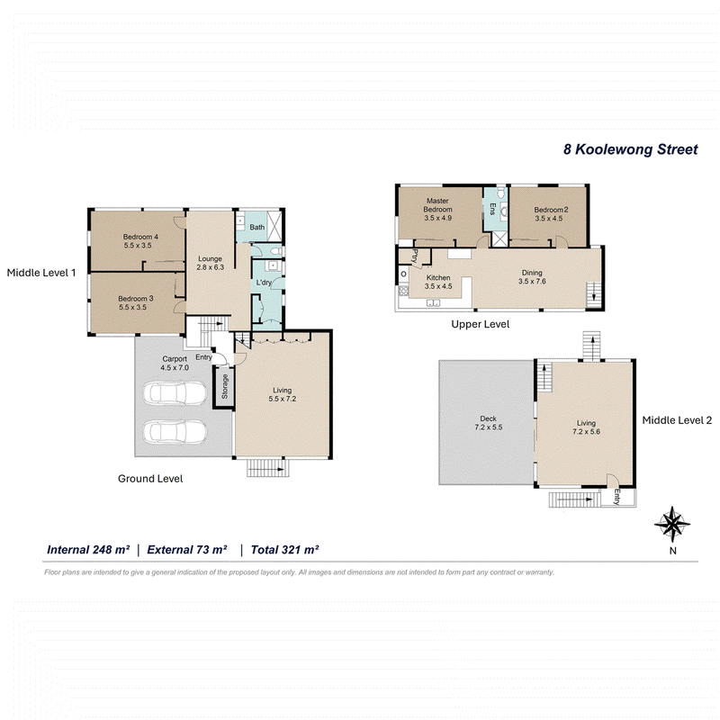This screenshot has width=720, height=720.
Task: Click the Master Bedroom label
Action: [437, 210]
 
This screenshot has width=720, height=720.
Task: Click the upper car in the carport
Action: [175, 393]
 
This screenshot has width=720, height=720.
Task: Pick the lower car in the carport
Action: [175, 432]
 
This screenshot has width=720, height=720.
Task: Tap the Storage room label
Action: [225, 386]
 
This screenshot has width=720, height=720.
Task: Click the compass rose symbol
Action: [672, 525]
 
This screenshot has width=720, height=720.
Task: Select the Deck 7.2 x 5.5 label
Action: [488, 423]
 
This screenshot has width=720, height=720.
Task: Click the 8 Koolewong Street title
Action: [631, 149]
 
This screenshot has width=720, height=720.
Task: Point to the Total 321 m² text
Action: [284, 550]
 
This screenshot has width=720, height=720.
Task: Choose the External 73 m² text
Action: [187, 550]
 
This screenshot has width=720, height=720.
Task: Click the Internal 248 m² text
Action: [88, 550]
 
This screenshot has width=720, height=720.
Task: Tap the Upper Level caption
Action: [481, 324]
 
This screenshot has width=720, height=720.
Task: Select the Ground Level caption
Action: [150, 479]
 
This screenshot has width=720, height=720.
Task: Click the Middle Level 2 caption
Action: [677, 420]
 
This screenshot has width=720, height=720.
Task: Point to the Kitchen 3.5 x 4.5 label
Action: [438, 282]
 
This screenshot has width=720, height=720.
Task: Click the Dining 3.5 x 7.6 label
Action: [532, 277]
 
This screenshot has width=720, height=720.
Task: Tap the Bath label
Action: [257, 228]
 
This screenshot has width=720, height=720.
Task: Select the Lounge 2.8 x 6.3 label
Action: [211, 263]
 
